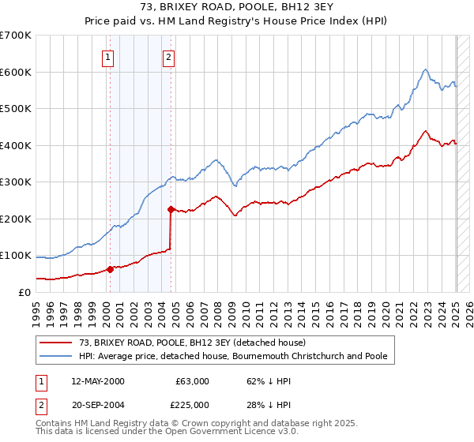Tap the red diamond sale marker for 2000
[111, 269]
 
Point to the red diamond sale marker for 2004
[171, 209]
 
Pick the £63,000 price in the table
[192, 381]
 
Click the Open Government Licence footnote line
[123, 433]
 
